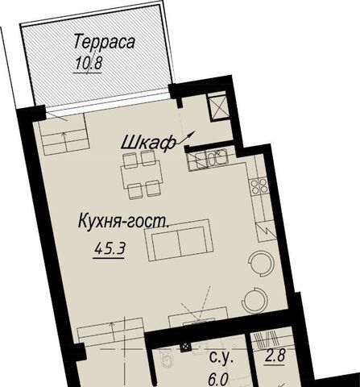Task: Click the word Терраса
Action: coord(104,42)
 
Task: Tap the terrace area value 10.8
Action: coord(89,64)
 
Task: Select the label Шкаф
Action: coord(148,143)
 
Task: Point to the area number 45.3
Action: coord(110,249)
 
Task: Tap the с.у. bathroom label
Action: coord(221,358)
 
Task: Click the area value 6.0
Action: coord(218,380)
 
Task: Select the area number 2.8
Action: coord(275,356)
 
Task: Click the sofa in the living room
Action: coord(179,240)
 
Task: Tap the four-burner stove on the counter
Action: coord(259,186)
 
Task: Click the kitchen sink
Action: coord(217,158)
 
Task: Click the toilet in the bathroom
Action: coord(166,360)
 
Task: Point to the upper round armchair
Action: coord(261,264)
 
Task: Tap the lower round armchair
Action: coord(254,300)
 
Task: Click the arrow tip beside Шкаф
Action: coord(196,131)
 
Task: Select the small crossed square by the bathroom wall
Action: coord(186,347)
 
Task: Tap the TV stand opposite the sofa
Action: coord(198,318)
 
